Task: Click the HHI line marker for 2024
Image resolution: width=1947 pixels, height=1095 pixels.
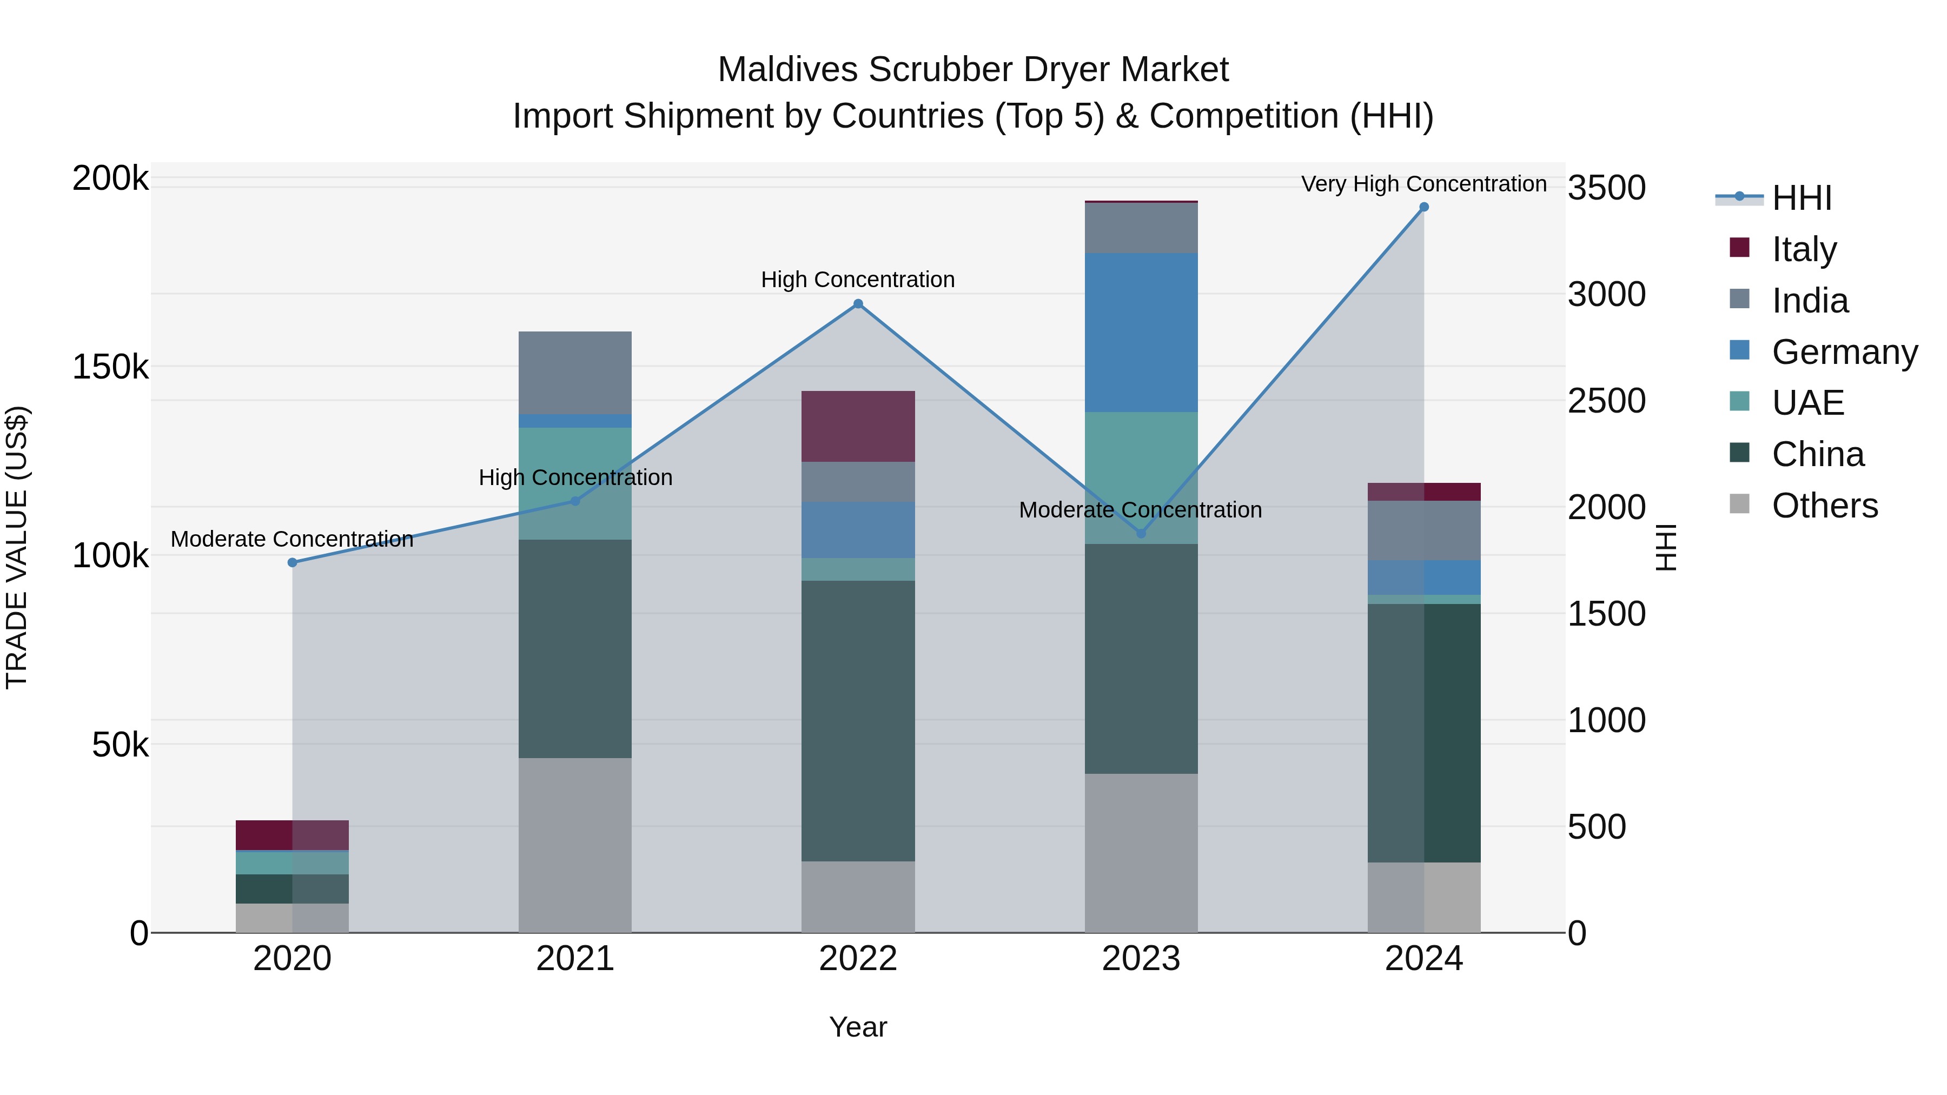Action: [x=1424, y=207]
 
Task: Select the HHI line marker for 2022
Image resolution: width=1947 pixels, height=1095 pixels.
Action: [x=858, y=304]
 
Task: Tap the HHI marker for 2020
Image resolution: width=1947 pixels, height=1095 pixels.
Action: [x=293, y=562]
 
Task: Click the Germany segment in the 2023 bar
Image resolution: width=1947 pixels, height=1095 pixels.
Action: [x=1141, y=333]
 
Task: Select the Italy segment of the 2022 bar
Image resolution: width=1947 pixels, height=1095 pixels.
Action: [x=858, y=426]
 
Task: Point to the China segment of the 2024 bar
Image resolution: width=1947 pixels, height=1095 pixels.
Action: [x=1424, y=733]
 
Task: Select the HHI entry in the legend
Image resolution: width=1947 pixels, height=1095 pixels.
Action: [x=1801, y=198]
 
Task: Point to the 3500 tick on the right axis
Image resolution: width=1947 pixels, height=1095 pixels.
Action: [x=1606, y=188]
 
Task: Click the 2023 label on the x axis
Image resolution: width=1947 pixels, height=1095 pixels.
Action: [x=1141, y=958]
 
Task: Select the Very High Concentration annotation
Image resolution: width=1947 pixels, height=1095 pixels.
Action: [x=1423, y=184]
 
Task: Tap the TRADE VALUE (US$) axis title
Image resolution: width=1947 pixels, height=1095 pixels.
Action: [x=17, y=547]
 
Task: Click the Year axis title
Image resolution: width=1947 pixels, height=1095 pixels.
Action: [x=858, y=1027]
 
